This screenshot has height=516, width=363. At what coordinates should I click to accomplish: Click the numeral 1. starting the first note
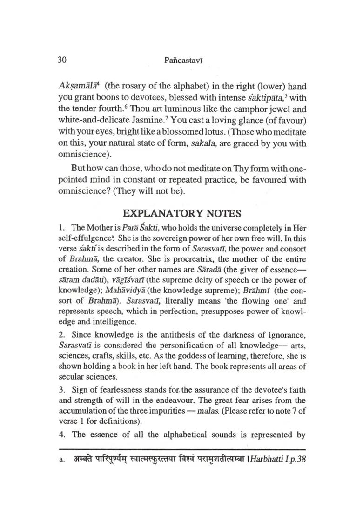[61, 229]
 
